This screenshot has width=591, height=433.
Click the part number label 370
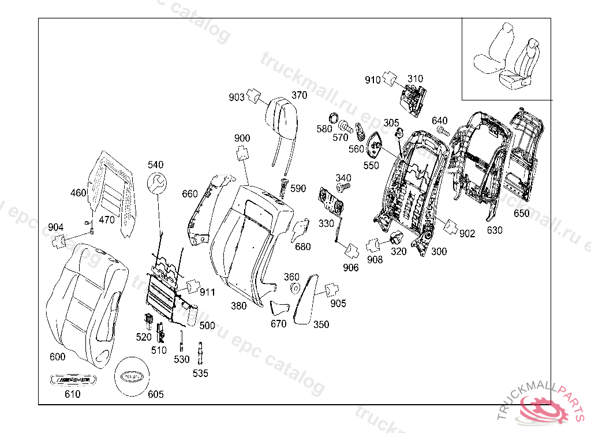pos(299,95)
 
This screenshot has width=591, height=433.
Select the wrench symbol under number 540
pos(156,183)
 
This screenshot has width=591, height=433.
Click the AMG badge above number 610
pos(72,380)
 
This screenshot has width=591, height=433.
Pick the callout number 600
pos(58,357)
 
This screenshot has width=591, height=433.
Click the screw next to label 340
pos(343,187)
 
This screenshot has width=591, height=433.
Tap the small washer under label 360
pos(293,289)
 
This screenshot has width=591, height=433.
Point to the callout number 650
pos(521,214)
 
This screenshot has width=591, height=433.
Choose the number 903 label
pos(237,98)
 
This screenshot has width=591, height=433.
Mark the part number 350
pos(321,324)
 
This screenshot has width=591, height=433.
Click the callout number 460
pos(78,193)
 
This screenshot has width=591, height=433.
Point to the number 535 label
pos(200,374)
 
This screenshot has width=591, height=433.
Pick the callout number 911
pos(207,293)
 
